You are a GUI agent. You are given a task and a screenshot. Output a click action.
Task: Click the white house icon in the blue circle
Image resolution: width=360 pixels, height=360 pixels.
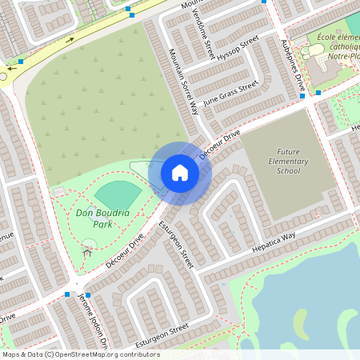(180, 173)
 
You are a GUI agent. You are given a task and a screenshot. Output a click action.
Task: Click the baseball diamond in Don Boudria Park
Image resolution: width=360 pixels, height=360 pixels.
(118, 194)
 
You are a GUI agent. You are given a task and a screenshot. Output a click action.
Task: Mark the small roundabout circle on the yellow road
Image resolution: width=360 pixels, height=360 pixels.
(2, 77)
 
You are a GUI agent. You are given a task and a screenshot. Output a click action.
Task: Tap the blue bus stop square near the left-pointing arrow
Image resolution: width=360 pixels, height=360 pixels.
(21, 61)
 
